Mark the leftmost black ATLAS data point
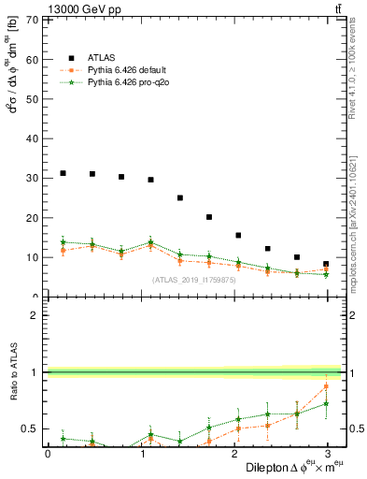[63, 173]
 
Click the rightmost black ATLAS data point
[326, 264]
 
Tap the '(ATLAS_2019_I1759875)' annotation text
[192, 279]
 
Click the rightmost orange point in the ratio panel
[326, 386]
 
